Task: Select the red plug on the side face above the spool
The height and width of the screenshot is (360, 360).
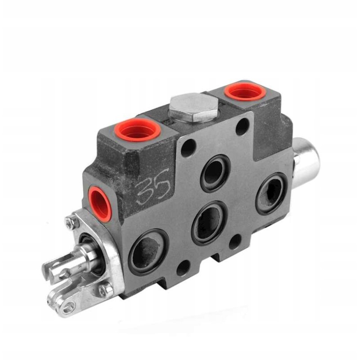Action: [x=99, y=203]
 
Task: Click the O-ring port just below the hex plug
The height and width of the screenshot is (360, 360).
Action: [x=215, y=173]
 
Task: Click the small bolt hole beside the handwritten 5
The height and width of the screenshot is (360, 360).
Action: [x=188, y=148]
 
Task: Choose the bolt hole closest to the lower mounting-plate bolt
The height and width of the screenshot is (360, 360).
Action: [x=183, y=268]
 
